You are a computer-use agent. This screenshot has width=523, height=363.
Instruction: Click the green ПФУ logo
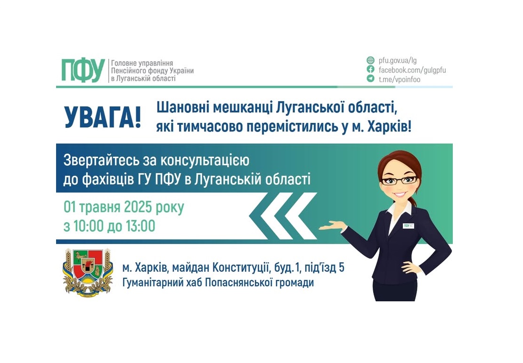pyautogui.click(x=82, y=71)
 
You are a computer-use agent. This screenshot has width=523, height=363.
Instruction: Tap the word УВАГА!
pyautogui.click(x=103, y=118)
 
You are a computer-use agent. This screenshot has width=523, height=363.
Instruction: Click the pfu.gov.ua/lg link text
pyautogui.click(x=398, y=60)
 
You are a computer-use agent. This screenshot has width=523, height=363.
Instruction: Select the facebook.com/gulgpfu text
pyautogui.click(x=412, y=70)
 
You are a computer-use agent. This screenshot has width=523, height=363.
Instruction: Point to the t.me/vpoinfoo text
pyautogui.click(x=400, y=80)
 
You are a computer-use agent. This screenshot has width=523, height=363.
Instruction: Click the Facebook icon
pyautogui.click(x=371, y=70)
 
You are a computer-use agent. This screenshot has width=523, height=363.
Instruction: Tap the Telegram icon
pyautogui.click(x=371, y=79)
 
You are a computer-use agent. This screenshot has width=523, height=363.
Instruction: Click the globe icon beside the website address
pyautogui.click(x=371, y=60)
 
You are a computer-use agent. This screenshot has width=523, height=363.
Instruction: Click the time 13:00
pyautogui.click(x=140, y=226)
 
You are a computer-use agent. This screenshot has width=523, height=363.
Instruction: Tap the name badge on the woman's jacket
pyautogui.click(x=408, y=226)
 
